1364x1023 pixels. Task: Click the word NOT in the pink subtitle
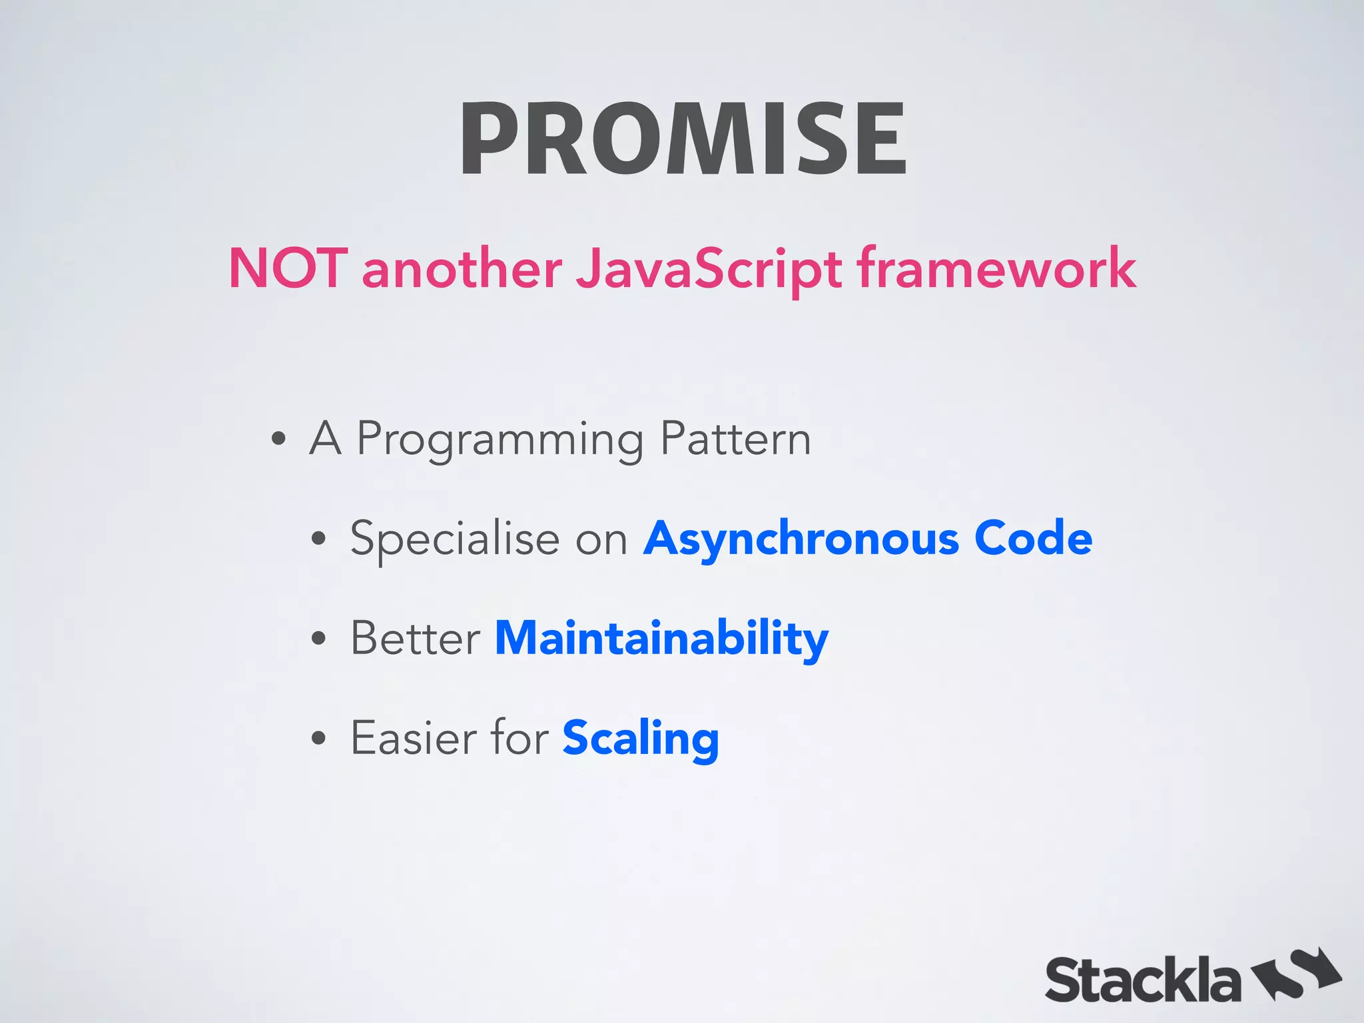click(288, 268)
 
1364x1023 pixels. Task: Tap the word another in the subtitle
click(462, 269)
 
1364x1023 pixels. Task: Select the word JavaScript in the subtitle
click(709, 269)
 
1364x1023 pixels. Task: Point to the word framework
click(996, 268)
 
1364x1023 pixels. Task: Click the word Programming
click(500, 440)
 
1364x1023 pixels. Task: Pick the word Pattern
click(735, 439)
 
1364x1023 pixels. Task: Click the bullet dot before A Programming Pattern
click(279, 440)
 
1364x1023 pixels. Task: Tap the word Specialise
click(454, 538)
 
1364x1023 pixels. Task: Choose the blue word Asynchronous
click(801, 538)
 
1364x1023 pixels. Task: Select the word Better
click(415, 638)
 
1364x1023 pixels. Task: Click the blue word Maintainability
click(661, 638)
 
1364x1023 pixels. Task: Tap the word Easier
click(414, 738)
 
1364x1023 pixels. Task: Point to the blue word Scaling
click(641, 738)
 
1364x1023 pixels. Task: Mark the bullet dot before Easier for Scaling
click(320, 738)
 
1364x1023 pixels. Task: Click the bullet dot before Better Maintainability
click(320, 638)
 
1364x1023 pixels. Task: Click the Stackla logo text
click(1143, 979)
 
